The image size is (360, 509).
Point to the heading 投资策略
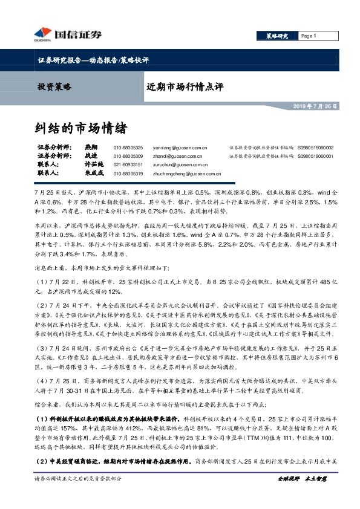pyautogui.click(x=54, y=86)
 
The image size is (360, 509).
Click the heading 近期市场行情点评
pyautogui.click(x=185, y=86)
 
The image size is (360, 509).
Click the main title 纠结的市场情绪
pyautogui.click(x=80, y=128)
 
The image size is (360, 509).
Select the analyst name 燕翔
pyautogui.click(x=91, y=148)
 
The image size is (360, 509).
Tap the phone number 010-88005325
pyautogui.click(x=128, y=148)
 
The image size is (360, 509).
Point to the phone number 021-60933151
pyautogui.click(x=128, y=164)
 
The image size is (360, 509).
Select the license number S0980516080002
pyautogui.click(x=315, y=148)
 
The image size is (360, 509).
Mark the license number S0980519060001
pyautogui.click(x=315, y=156)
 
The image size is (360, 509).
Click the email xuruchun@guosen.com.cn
pyautogui.click(x=186, y=164)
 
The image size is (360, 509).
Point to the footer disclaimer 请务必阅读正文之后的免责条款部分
pyautogui.click(x=79, y=494)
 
